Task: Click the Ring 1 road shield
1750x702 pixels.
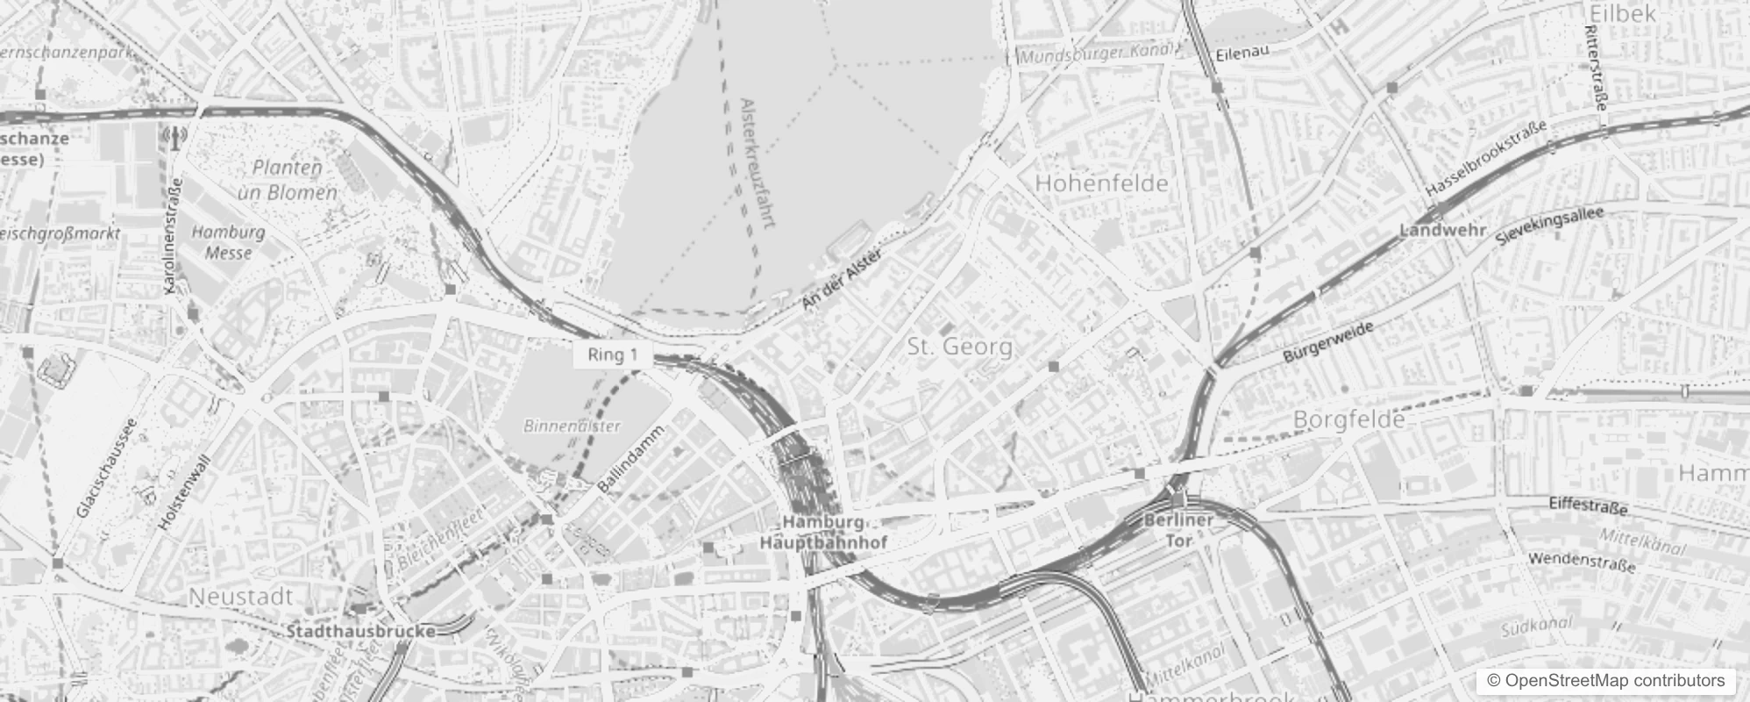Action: point(612,355)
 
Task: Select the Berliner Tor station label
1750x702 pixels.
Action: point(1179,530)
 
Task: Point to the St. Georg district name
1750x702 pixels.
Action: point(960,347)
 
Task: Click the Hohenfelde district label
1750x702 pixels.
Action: point(1101,183)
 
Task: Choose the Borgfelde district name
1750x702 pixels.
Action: point(1349,420)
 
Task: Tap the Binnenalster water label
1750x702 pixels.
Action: point(572,426)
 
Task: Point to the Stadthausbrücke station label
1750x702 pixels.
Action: point(360,631)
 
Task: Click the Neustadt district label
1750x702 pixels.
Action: point(241,597)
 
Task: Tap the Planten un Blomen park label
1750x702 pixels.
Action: point(288,180)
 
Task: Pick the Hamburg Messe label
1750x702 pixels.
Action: point(228,242)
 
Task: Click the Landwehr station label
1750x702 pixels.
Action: point(1442,231)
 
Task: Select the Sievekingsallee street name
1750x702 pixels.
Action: point(1549,226)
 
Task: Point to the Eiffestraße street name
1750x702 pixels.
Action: point(1588,507)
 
